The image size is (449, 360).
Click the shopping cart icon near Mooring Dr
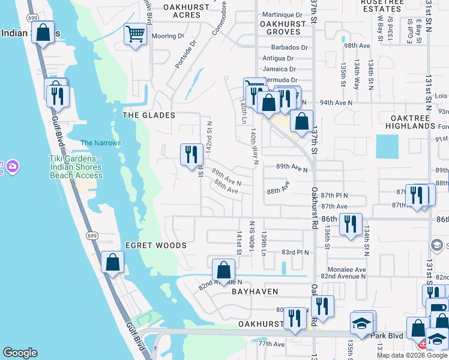[x=136, y=34]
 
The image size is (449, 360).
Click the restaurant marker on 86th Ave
[x=351, y=224]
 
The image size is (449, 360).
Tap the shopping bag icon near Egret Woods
[x=112, y=262]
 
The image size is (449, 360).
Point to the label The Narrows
[x=101, y=143]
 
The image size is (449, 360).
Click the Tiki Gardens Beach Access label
[x=76, y=167]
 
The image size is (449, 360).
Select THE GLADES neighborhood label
[x=149, y=115]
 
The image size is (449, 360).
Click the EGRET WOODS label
[x=156, y=245]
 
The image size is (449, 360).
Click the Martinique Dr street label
[x=282, y=14]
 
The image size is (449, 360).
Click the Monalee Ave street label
[x=347, y=269]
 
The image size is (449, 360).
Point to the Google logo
[x=20, y=353]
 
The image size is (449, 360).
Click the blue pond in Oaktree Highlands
[x=387, y=146]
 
